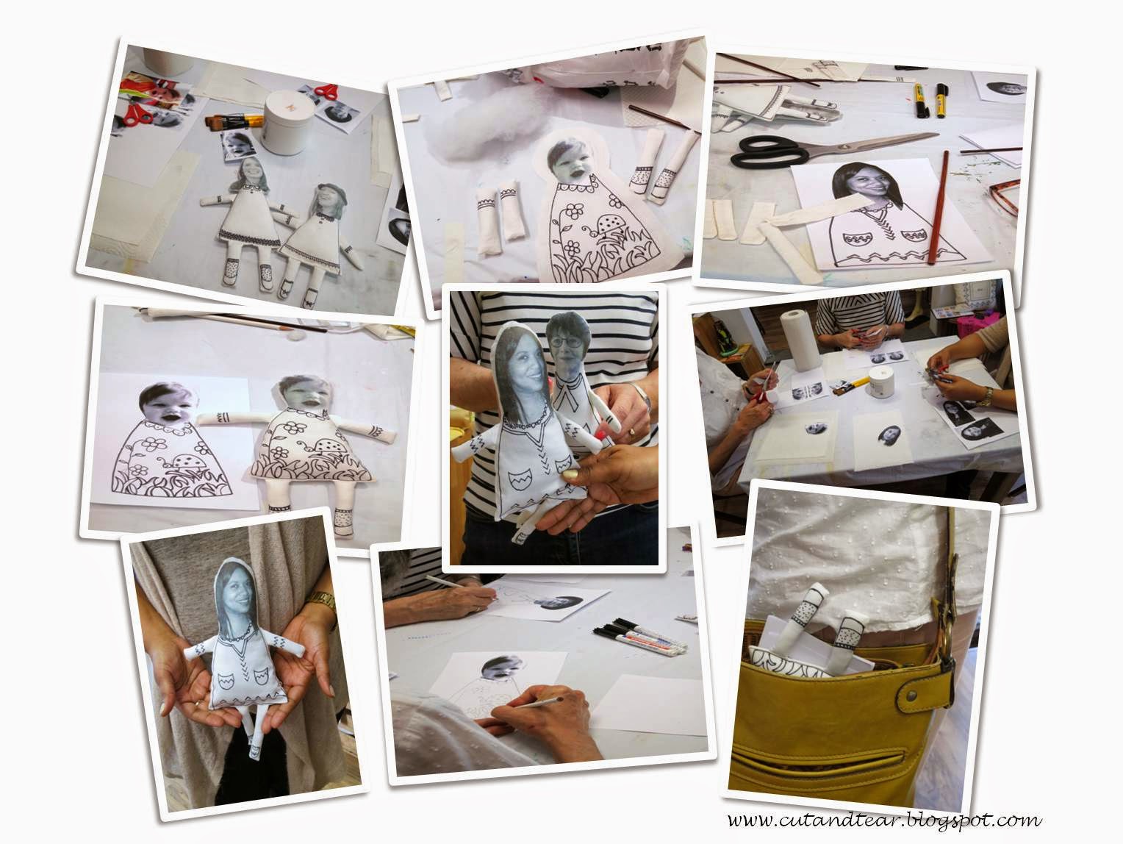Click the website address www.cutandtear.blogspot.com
coord(885,820)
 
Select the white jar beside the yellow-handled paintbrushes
coord(284,122)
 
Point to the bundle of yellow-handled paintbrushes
coord(234,121)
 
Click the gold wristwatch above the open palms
coord(320,600)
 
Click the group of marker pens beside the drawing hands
coord(639,636)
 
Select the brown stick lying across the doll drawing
coord(939,207)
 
